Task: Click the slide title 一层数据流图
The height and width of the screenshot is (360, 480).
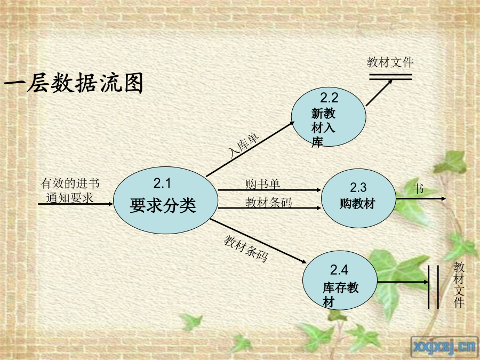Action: click(x=74, y=83)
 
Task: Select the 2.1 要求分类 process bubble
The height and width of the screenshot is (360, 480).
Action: click(x=166, y=200)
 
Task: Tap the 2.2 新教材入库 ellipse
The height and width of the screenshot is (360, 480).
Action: click(x=329, y=117)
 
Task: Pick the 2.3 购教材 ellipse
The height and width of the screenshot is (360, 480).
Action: click(x=358, y=198)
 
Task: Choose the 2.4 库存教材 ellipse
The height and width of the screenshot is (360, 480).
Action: click(x=340, y=281)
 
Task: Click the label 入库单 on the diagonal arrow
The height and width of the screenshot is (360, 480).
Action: click(x=244, y=146)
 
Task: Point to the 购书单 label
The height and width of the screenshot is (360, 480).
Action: click(x=262, y=184)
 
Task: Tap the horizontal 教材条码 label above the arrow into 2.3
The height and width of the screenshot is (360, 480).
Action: click(x=268, y=202)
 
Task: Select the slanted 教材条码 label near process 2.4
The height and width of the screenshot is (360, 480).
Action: click(x=246, y=249)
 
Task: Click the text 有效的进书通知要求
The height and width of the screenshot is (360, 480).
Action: click(x=70, y=190)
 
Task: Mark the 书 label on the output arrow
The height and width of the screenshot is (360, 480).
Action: click(x=418, y=188)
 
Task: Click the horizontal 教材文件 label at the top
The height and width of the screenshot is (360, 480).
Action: click(x=390, y=62)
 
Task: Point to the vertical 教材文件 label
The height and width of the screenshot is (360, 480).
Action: click(x=459, y=285)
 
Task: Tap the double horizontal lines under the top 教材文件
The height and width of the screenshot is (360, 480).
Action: click(x=390, y=77)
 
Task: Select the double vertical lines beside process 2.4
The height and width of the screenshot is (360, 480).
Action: click(x=433, y=287)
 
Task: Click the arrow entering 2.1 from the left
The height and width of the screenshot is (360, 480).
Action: click(x=76, y=204)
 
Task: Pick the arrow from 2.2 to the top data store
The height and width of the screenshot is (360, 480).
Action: click(x=379, y=93)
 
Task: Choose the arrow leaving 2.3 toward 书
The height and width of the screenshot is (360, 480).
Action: click(x=421, y=199)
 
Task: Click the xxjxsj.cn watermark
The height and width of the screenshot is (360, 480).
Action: click(x=445, y=347)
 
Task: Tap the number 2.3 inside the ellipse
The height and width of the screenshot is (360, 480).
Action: click(x=358, y=187)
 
